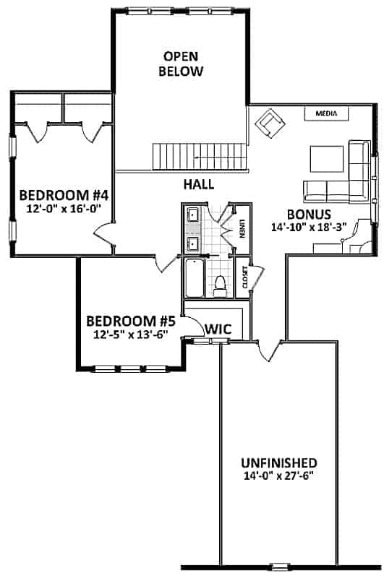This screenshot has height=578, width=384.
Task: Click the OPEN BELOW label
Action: [x=182, y=64]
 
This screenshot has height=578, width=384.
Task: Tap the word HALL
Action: [x=198, y=184]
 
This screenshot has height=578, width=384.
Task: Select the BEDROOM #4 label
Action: [x=64, y=195]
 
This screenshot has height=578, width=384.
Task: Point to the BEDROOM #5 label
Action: [x=131, y=321]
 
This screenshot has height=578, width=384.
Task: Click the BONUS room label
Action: [x=309, y=214]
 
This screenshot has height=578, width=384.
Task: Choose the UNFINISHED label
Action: [x=278, y=462]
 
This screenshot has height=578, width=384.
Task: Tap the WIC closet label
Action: [x=218, y=329]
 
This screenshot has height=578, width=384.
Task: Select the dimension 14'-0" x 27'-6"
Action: [x=278, y=476]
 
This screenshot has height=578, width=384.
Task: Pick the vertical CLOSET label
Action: [x=245, y=277]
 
